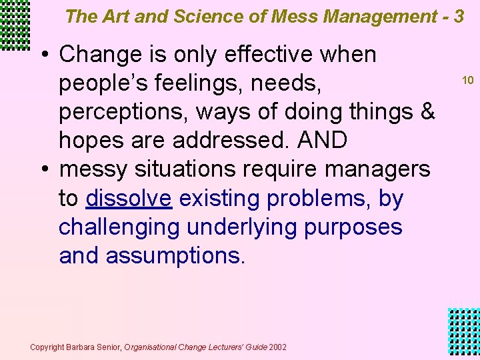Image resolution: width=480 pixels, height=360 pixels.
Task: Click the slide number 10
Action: (467, 81)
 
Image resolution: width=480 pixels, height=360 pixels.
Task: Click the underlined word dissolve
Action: (129, 199)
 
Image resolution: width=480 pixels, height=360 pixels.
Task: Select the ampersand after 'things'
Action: (428, 112)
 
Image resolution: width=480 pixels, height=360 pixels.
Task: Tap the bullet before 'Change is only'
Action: (43, 55)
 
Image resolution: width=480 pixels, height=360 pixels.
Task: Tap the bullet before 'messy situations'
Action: (43, 170)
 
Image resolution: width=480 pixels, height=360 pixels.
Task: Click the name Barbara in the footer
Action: (81, 347)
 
